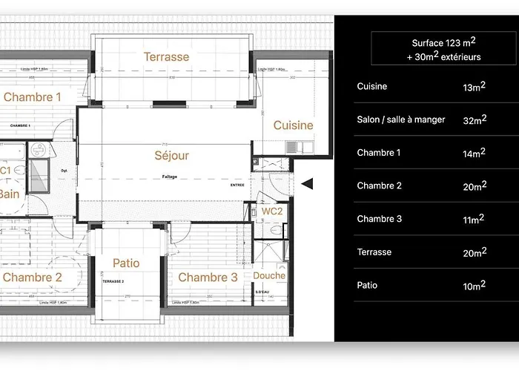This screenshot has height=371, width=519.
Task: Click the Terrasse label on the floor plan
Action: (x=166, y=56)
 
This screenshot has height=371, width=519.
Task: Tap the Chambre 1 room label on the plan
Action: (x=32, y=97)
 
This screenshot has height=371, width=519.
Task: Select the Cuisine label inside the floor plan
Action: (x=293, y=125)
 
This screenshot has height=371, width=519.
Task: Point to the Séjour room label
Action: (x=171, y=156)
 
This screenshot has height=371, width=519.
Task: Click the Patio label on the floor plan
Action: (x=126, y=263)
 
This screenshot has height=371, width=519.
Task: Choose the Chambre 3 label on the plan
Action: (x=208, y=278)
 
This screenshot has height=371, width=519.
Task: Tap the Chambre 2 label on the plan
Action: (x=32, y=278)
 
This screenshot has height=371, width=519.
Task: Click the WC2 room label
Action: (x=272, y=211)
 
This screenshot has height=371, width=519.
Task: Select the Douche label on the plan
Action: (x=268, y=275)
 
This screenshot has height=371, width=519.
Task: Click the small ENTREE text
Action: (x=237, y=185)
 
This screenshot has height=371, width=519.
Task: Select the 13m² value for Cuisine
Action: (x=474, y=87)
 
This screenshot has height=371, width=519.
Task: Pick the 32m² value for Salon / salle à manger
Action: (x=474, y=119)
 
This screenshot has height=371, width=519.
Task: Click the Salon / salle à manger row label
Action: (x=401, y=119)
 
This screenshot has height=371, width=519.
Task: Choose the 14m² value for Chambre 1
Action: (x=474, y=153)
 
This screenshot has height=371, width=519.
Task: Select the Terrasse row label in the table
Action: (x=374, y=252)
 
